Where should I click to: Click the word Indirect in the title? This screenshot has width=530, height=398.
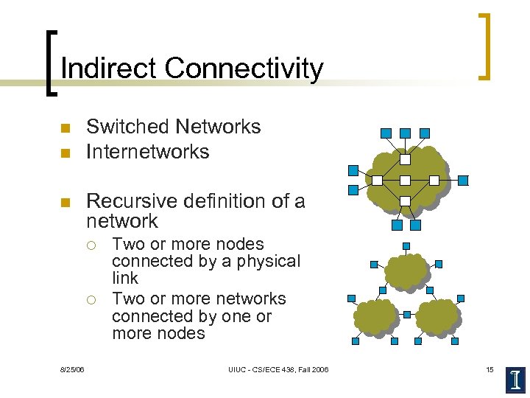pos(108,69)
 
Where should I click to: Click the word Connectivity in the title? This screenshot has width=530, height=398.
pos(244,69)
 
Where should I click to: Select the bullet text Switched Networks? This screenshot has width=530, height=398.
pos(174,127)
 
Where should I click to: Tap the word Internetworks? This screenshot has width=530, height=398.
pos(148,152)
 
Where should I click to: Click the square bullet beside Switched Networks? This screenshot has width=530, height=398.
pos(64,128)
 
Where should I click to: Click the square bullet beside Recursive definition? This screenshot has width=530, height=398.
pos(64,202)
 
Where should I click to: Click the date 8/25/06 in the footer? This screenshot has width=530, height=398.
pos(72,369)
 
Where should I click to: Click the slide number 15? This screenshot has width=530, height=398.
pos(490,369)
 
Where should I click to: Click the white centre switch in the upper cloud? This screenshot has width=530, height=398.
pos(405,180)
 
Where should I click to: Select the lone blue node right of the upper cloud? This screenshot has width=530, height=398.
pos(463,180)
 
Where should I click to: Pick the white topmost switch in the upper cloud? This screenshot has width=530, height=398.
pos(405,158)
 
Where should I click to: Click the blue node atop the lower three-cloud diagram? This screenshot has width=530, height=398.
pos(406,246)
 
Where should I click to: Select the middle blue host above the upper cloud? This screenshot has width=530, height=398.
pos(405,133)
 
